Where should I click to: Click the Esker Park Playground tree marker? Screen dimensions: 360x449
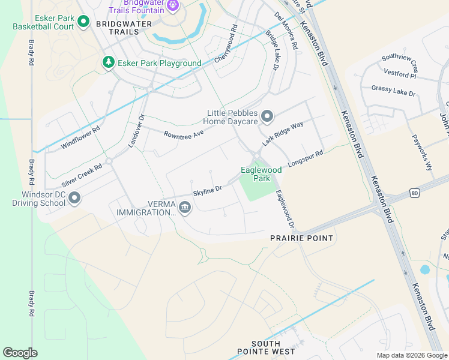pyautogui.click(x=108, y=62)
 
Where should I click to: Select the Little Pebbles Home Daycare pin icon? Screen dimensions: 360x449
pyautogui.click(x=268, y=116)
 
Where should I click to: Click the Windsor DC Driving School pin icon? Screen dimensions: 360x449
pyautogui.click(x=74, y=197)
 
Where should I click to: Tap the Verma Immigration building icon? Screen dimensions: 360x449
pyautogui.click(x=184, y=208)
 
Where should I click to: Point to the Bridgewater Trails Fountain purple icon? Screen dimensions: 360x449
pyautogui.click(x=173, y=5)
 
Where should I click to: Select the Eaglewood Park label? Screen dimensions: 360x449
pyautogui.click(x=261, y=174)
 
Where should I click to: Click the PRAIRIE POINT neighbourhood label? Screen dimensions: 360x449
pyautogui.click(x=301, y=238)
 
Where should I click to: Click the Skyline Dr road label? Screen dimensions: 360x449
pyautogui.click(x=208, y=190)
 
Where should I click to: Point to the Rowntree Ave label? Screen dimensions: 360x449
pyautogui.click(x=184, y=133)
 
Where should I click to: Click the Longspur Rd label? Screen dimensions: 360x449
pyautogui.click(x=306, y=158)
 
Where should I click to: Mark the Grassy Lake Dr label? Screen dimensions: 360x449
pyautogui.click(x=393, y=91)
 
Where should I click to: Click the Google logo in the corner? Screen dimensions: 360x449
pyautogui.click(x=20, y=352)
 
